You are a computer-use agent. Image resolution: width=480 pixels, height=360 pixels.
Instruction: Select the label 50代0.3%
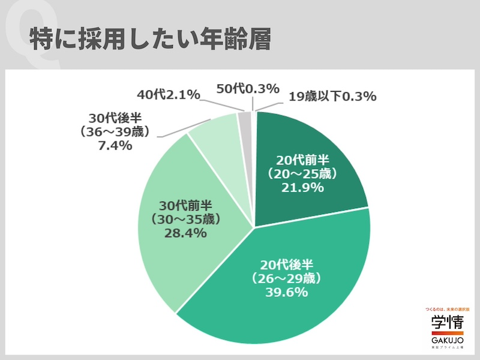[x=248, y=89]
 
